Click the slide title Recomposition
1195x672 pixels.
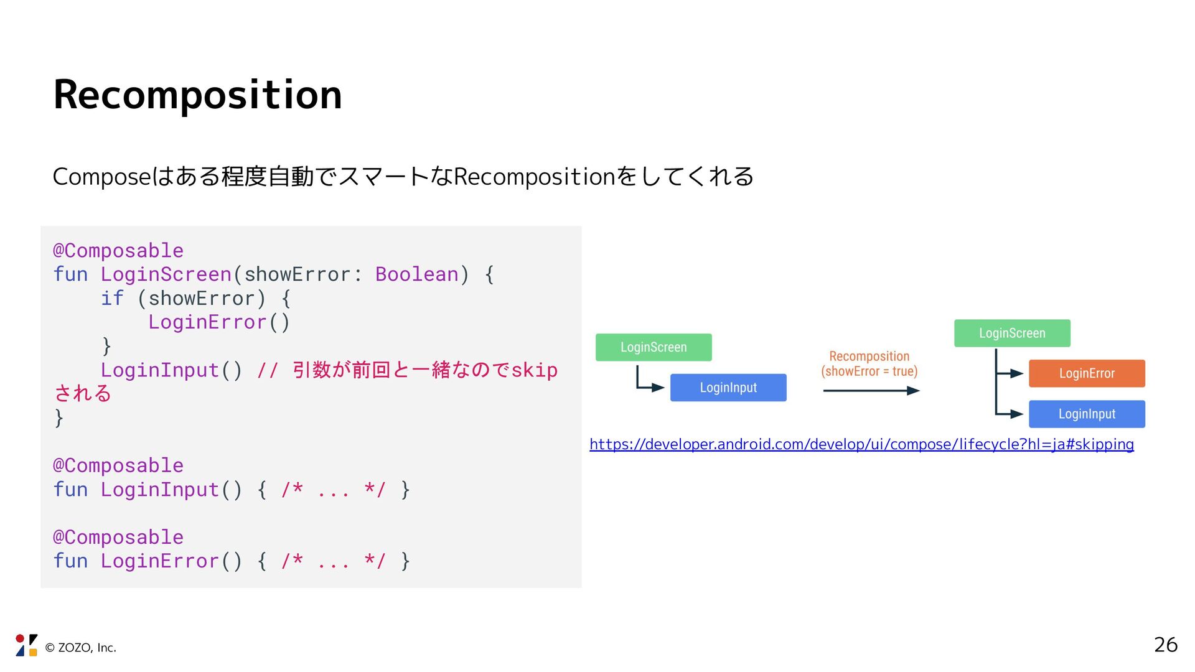click(197, 95)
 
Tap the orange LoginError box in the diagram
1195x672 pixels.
click(1086, 373)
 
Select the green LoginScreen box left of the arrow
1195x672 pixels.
click(654, 347)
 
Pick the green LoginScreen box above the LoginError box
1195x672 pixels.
click(1012, 334)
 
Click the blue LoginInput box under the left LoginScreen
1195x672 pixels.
click(728, 388)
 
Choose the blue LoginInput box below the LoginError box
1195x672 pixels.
click(1086, 414)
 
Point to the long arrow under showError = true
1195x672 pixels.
click(871, 391)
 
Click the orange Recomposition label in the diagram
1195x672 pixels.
click(869, 357)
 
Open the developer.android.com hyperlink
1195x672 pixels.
click(861, 444)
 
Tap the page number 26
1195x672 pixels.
click(1165, 645)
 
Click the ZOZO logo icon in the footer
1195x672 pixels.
click(26, 645)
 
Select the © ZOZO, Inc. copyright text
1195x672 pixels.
click(81, 648)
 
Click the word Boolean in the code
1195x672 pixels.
click(416, 274)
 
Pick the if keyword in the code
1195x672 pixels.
click(112, 299)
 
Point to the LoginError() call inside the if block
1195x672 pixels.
click(218, 322)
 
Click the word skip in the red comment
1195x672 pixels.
click(534, 370)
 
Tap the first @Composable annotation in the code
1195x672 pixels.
click(118, 251)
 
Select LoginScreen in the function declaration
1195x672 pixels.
click(166, 274)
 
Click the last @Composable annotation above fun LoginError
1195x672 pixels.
click(118, 537)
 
